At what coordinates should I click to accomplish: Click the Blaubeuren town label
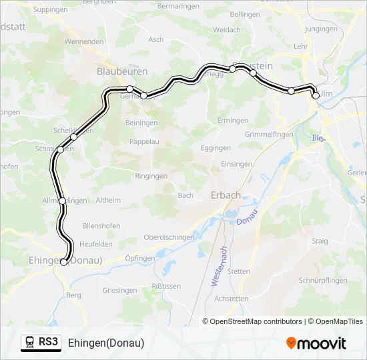pos(122,70)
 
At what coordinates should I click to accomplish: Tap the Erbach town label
pos(226,195)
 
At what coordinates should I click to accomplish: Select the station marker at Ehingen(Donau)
pos(63,262)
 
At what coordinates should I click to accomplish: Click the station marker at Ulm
pos(316,95)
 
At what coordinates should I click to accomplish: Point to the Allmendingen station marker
pos(63,201)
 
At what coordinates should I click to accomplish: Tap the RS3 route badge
pos(41,343)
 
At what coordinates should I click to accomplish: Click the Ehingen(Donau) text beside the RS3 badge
pos(106,343)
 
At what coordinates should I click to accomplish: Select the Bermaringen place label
pos(177,6)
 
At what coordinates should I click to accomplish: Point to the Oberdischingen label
pos(169,237)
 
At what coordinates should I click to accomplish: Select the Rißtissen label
pos(167,286)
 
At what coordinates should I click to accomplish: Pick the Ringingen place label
pos(150,176)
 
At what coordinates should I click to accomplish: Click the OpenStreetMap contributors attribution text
pos(252,321)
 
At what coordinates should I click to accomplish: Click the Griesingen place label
pos(120,291)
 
